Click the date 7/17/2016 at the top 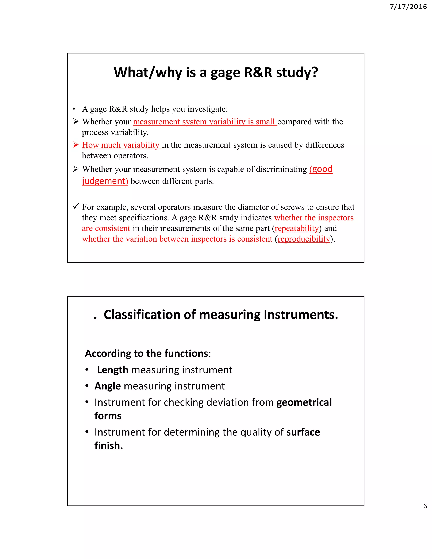[408, 7]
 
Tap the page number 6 [425, 506]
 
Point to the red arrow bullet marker [76, 145]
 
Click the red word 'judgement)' [105, 181]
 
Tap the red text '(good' [321, 169]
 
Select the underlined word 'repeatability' [297, 228]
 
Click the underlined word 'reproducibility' [304, 239]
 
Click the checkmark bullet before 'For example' [76, 206]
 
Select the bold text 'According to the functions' [146, 354]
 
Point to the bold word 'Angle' [108, 386]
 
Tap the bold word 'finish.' [108, 446]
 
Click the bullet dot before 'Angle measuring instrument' [87, 386]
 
